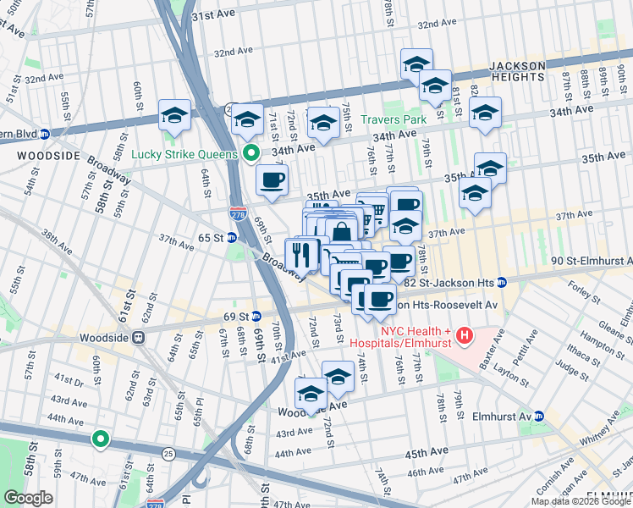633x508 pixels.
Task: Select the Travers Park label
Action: click(394, 119)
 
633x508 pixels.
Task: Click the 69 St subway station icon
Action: click(255, 316)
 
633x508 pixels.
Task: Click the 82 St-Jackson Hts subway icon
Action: click(502, 281)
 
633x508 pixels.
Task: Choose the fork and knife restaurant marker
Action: click(300, 253)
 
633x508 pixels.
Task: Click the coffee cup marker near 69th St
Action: click(272, 180)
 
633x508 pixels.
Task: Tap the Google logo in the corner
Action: click(27, 498)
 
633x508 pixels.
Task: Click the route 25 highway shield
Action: click(168, 455)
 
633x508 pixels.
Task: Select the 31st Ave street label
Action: click(212, 16)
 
